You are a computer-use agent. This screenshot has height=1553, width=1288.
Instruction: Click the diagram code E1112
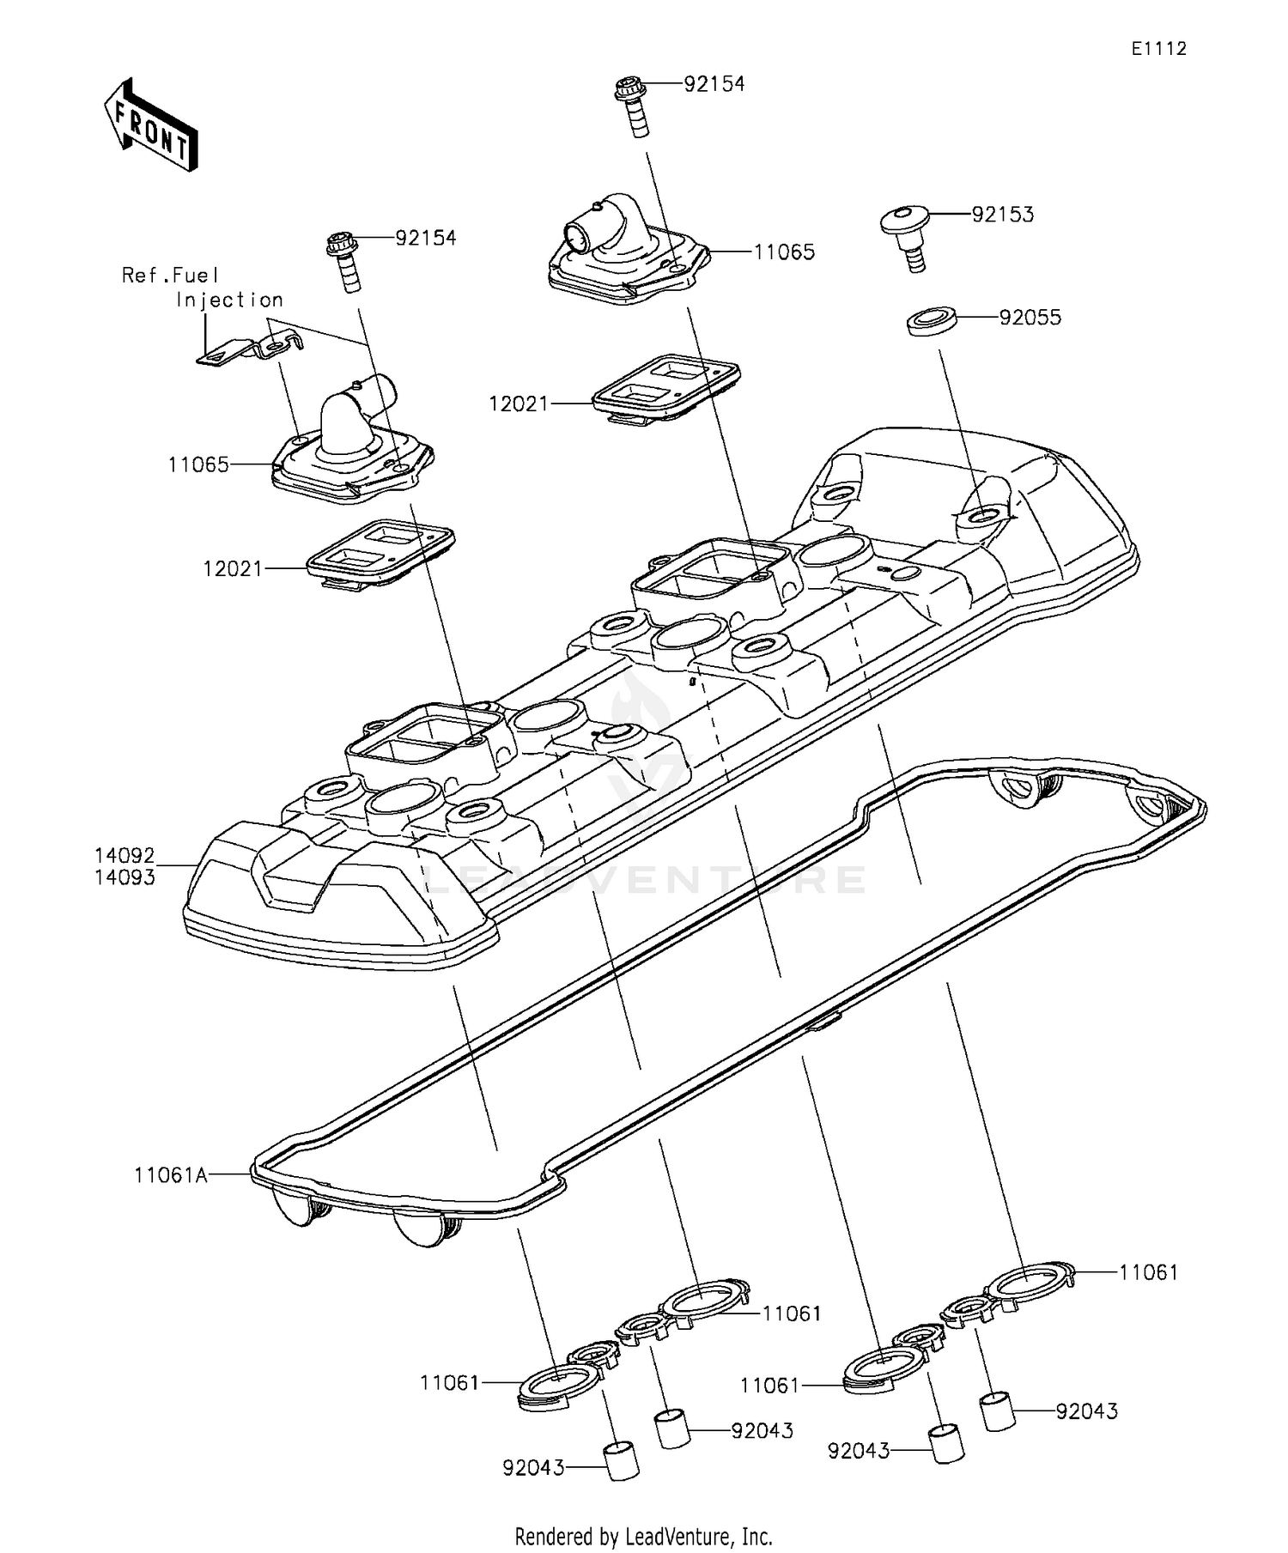tap(1158, 49)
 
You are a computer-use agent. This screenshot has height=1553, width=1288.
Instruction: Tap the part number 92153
tap(1002, 215)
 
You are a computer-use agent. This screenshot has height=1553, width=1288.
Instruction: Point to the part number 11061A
tap(171, 1175)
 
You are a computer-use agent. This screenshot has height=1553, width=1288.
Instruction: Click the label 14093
tap(125, 877)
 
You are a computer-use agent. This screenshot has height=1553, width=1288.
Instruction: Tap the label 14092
tap(125, 855)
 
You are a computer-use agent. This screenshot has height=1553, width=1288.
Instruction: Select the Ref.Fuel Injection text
tap(203, 287)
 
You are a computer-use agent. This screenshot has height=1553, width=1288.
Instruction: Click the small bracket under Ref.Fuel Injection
tap(249, 348)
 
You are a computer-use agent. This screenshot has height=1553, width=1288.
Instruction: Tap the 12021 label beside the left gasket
tap(233, 568)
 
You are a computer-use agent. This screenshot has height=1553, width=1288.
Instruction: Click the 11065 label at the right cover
tap(784, 252)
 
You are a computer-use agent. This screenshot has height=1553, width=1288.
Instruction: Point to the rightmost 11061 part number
tap(1148, 1272)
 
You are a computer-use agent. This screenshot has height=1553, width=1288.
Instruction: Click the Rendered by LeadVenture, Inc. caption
tap(643, 1536)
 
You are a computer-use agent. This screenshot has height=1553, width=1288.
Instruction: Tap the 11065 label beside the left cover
tap(198, 464)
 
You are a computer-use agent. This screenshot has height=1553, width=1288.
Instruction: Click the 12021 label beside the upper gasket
tap(519, 403)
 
